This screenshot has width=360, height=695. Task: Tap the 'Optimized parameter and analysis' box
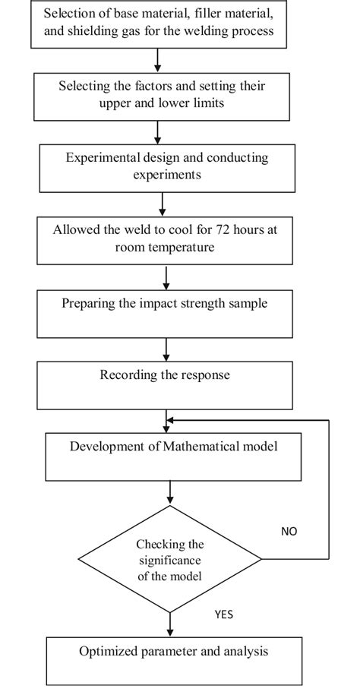[174, 662]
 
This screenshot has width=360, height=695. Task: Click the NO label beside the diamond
[289, 532]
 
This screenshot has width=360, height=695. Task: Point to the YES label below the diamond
[224, 614]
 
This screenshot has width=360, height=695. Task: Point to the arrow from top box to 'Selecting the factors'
[157, 58]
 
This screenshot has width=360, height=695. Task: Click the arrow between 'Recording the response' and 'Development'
[166, 421]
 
